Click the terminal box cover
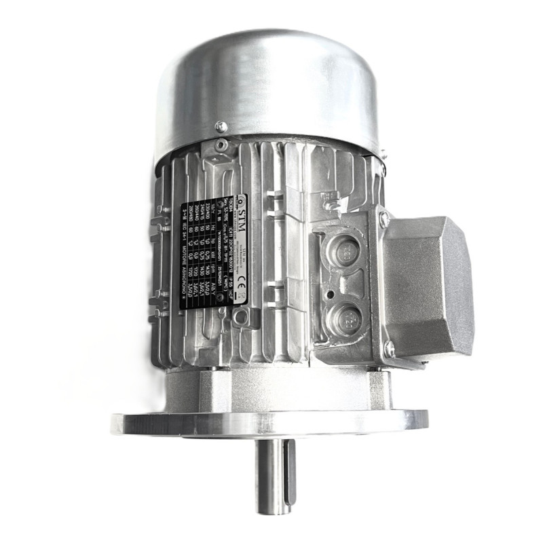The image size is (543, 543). [428, 285]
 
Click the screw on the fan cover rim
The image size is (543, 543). [221, 127]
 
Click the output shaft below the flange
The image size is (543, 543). [275, 475]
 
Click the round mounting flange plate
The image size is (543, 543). [271, 423]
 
